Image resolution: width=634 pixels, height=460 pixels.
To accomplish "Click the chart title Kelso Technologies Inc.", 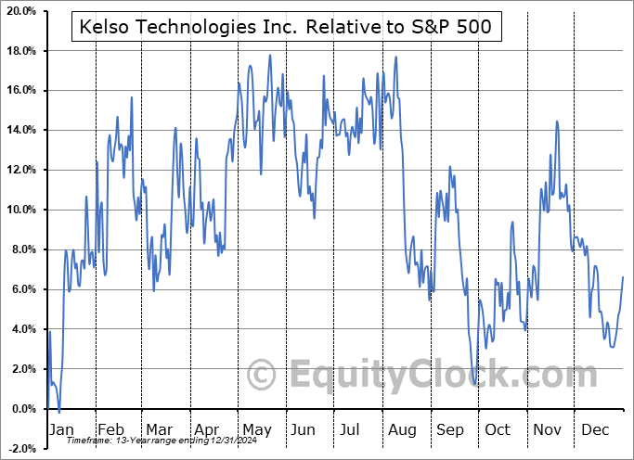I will coord(287,29).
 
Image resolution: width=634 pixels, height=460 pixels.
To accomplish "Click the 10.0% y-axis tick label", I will coord(23,210).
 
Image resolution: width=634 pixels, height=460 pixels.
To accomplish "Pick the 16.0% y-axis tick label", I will coord(23,91).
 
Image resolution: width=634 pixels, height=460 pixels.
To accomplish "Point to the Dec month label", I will coord(597,429).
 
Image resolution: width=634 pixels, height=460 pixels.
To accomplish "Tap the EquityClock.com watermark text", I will coord(431,376).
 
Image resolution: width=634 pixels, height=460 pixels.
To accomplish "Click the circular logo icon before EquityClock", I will coord(263,375).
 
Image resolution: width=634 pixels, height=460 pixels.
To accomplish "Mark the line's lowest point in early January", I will coord(58,412).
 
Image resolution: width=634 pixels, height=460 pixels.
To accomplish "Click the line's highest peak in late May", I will coord(270,56).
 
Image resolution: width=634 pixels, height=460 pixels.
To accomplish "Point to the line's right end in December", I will coord(623,277).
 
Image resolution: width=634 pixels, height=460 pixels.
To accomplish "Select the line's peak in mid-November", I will coord(556,121).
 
